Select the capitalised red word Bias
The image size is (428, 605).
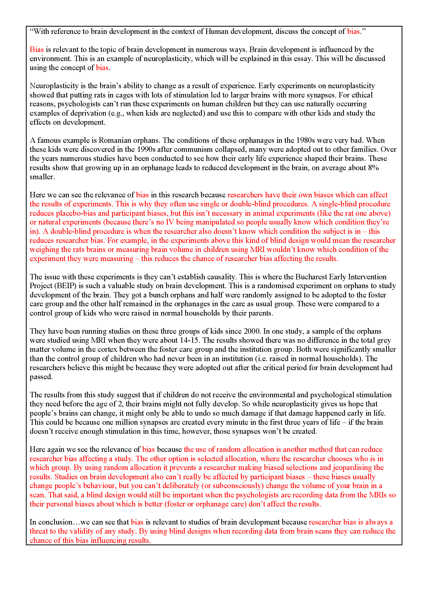(36, 50)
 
